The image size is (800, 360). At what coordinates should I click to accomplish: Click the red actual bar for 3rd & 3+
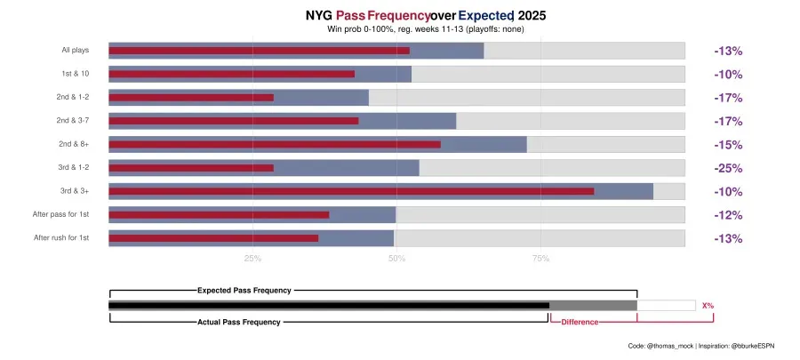pos(351,191)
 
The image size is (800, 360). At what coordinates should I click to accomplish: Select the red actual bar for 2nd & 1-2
pos(191,98)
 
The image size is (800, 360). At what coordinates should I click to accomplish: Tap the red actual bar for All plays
pos(259,51)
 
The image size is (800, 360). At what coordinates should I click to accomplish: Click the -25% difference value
pos(728,168)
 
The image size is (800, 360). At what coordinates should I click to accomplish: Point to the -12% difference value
pos(728,215)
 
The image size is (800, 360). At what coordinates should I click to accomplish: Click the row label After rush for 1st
pos(61,238)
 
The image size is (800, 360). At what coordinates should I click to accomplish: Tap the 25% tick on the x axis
pos(252,259)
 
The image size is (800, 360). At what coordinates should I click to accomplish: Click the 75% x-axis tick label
pos(540,259)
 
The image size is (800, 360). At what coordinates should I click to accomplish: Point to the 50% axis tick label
pos(396,259)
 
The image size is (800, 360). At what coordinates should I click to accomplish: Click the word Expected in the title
pos(486,16)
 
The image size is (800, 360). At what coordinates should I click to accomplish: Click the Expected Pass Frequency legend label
pos(244,290)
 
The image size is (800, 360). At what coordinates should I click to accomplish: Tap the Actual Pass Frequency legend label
pos(238,322)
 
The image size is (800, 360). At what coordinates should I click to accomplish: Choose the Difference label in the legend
pos(580,322)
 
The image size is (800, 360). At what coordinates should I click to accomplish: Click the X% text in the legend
pos(708,306)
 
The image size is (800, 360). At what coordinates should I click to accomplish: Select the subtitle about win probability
pos(426,30)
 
